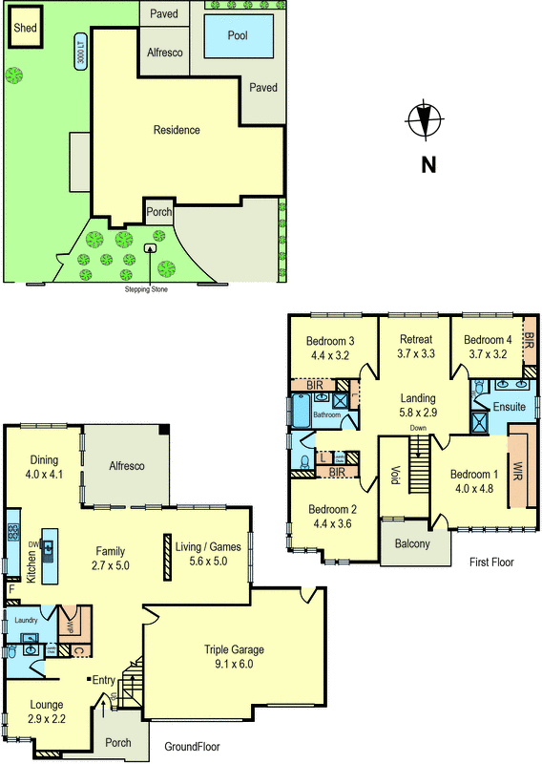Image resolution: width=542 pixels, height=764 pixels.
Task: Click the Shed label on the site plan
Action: pos(26,29)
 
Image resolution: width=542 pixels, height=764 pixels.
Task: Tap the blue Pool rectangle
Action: pos(239,36)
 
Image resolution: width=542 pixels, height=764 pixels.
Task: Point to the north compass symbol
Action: pos(424,121)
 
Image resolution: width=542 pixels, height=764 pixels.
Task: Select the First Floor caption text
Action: pos(490,562)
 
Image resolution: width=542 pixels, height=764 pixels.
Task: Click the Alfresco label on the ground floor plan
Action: pos(124,465)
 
